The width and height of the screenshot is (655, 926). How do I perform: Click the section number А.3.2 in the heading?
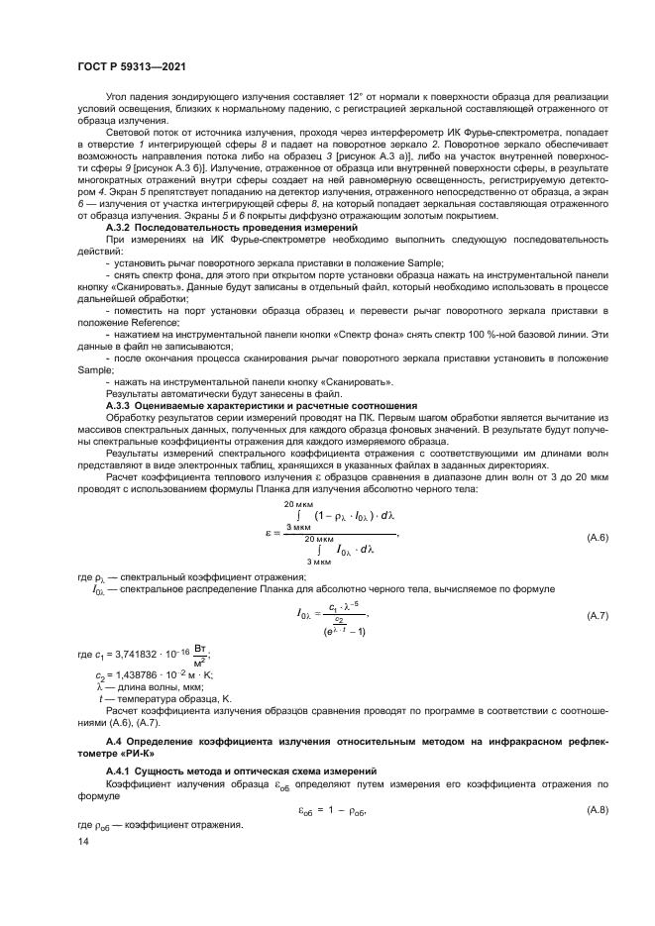point(122,228)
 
